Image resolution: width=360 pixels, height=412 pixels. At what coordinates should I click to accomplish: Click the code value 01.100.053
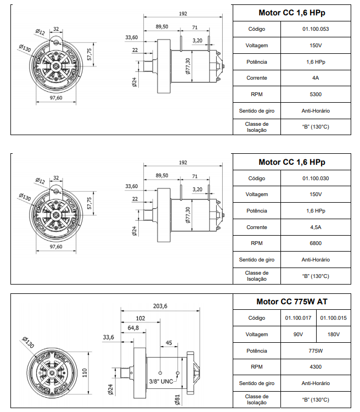click(x=315, y=29)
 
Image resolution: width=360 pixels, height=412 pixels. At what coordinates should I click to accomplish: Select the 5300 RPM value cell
click(x=315, y=94)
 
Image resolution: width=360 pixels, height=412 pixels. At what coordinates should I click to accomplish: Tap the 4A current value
click(x=315, y=77)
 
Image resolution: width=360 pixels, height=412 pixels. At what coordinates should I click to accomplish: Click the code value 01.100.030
click(x=315, y=178)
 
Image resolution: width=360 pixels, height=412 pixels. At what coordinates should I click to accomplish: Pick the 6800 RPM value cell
click(x=315, y=243)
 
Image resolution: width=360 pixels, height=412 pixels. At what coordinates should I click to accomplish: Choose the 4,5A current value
click(x=315, y=227)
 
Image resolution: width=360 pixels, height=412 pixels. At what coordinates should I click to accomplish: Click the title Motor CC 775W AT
click(x=292, y=302)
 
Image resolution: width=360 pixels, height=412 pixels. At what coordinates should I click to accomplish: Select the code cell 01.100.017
click(x=299, y=318)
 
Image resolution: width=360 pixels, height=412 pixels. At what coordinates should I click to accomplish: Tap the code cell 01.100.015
click(x=334, y=318)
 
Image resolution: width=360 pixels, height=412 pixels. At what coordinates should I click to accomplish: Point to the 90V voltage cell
click(x=299, y=334)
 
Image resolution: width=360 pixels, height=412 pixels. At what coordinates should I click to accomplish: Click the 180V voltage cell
click(x=334, y=334)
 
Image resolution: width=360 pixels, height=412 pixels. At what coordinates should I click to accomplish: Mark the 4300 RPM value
click(x=315, y=366)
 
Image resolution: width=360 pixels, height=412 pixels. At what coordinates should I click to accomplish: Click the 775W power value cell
click(x=315, y=350)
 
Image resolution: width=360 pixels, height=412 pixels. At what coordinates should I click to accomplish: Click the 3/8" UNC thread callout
click(x=161, y=381)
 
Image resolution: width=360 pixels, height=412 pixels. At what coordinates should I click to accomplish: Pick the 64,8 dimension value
click(x=133, y=328)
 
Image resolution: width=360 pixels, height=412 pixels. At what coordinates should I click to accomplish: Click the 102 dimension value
click(x=140, y=318)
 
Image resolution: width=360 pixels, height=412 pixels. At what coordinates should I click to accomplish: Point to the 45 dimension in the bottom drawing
click(x=169, y=343)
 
